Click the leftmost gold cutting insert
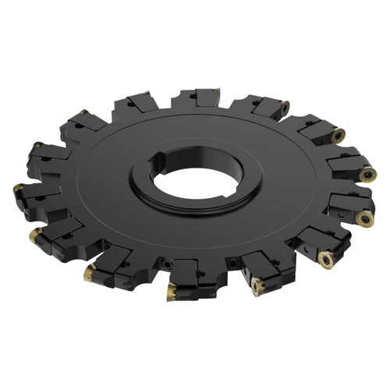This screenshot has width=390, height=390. tap(18, 188)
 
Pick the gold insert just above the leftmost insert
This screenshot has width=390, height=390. tap(36, 146)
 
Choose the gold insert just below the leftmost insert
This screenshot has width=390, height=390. tap(34, 233)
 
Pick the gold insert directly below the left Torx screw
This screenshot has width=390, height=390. tap(171, 293)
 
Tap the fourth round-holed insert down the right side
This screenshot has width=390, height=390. tap(364, 221)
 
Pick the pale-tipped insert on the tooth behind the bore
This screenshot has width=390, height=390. tap(216, 91)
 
